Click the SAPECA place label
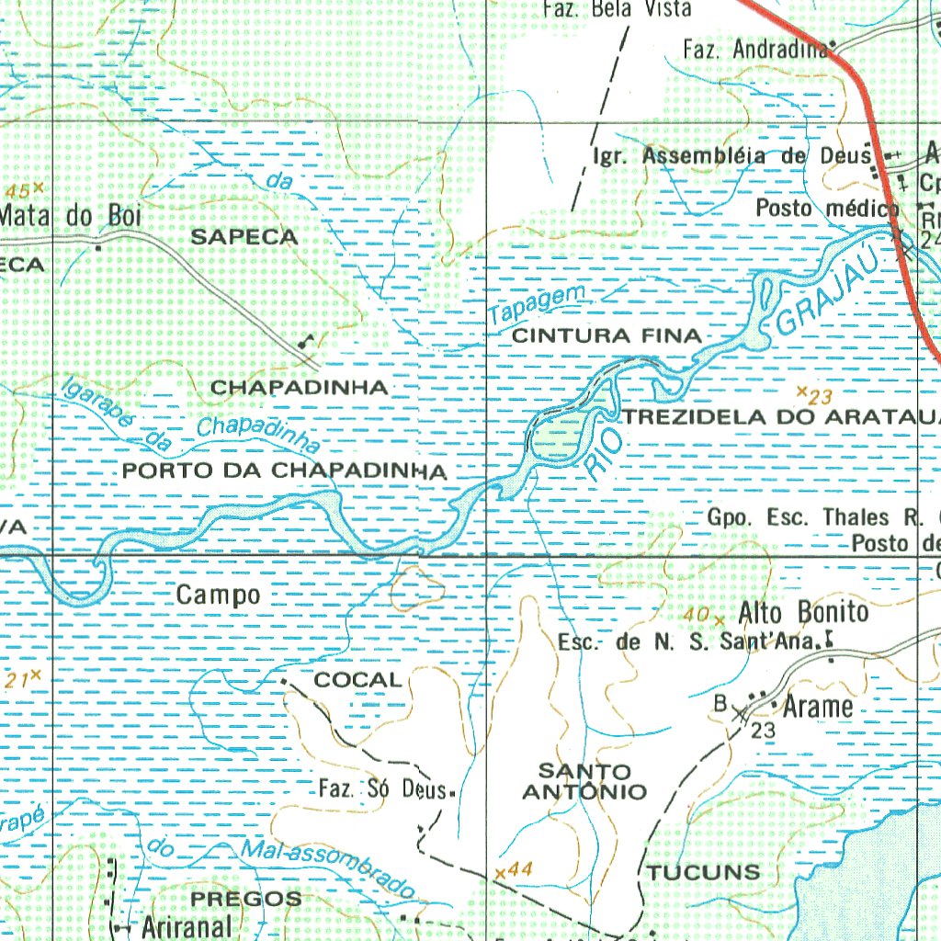pos(244,237)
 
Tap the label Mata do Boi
pos(72,216)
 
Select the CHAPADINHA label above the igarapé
pos(300,388)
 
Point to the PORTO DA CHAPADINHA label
pos(284,471)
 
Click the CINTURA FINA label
pos(606,336)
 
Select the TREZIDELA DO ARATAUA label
pos(782,417)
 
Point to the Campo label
pos(218,595)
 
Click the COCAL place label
pos(357,680)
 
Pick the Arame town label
pos(818,707)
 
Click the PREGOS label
pos(245,898)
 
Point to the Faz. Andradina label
pos(754,50)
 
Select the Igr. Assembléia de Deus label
pos(731,155)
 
